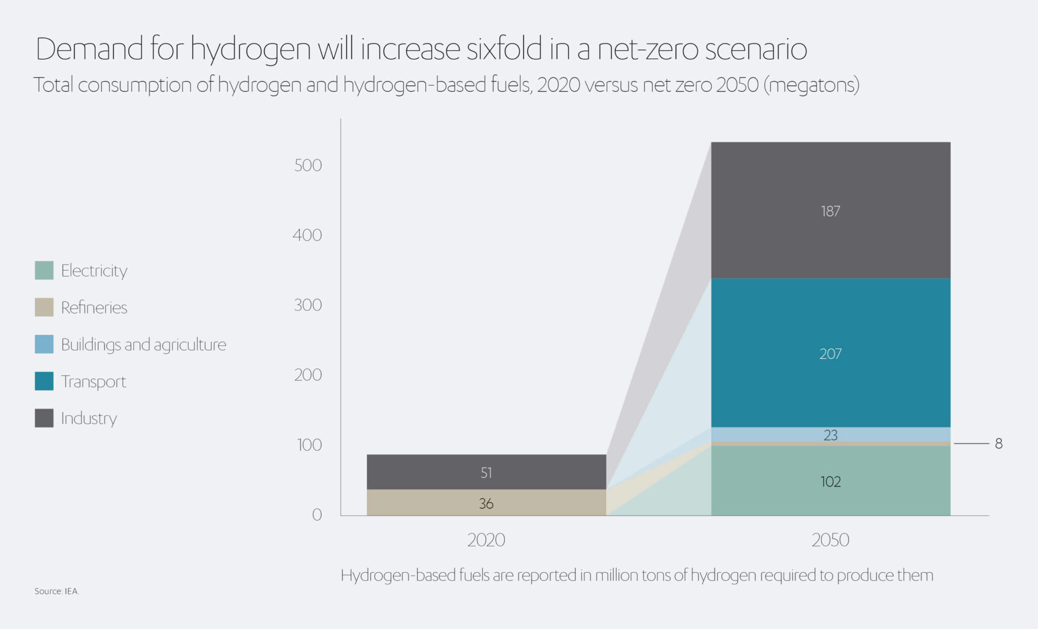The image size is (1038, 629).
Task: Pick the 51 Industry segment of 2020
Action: (486, 472)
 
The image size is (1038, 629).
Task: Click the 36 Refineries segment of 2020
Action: (486, 503)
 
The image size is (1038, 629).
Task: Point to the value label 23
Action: (830, 435)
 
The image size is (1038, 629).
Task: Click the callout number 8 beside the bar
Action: (998, 444)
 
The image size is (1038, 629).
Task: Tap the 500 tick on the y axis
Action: (308, 165)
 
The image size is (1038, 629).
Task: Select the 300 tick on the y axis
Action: (308, 305)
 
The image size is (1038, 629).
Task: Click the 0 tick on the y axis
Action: (317, 515)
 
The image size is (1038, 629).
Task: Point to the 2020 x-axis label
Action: (486, 540)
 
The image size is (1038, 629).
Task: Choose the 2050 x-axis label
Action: (830, 540)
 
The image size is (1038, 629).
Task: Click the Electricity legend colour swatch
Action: (44, 270)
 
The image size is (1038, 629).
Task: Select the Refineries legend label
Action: (94, 308)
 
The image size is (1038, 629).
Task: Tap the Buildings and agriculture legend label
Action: (143, 345)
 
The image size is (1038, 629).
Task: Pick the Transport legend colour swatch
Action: (44, 381)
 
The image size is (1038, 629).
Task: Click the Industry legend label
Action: (89, 419)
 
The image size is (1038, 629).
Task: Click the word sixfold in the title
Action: (504, 49)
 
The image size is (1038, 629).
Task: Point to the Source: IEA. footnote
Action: (57, 591)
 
